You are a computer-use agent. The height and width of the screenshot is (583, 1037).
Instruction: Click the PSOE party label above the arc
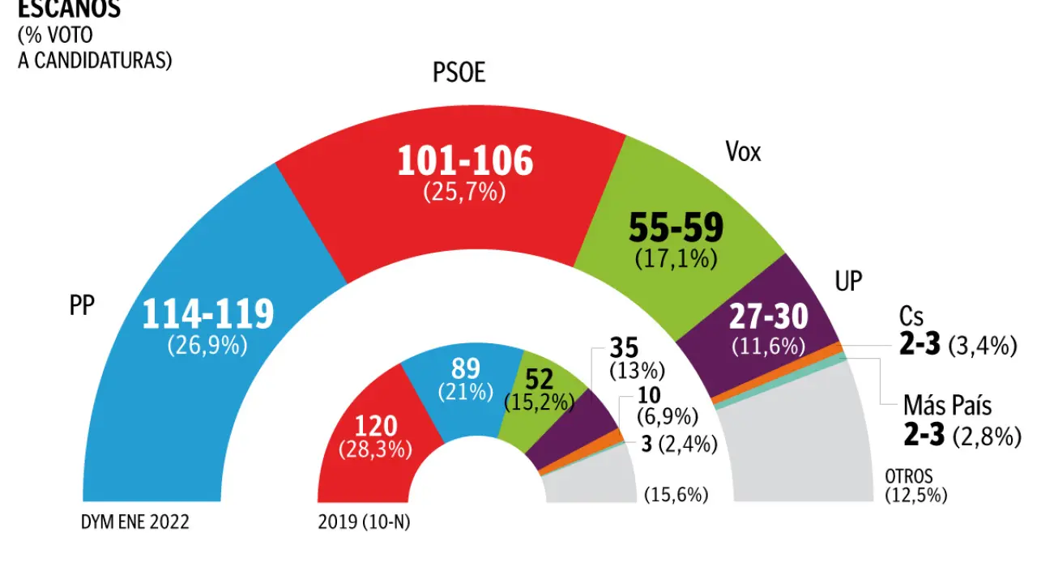459,74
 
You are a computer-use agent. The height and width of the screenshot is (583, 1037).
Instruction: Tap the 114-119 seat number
207,314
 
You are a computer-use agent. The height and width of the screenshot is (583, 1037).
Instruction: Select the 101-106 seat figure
465,161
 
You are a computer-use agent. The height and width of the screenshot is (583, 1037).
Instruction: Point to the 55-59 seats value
676,229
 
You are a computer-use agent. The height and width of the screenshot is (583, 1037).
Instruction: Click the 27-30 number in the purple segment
768,317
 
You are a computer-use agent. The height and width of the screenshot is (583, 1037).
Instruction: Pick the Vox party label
743,151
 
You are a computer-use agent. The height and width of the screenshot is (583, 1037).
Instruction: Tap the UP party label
848,281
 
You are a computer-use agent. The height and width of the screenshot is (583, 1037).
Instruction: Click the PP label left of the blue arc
81,305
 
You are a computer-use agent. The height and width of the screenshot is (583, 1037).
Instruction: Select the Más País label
947,405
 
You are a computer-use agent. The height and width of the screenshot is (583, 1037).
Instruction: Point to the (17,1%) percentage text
676,260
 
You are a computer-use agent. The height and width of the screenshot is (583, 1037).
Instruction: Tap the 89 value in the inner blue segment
465,369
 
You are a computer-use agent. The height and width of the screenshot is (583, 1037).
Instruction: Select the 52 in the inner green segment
539,378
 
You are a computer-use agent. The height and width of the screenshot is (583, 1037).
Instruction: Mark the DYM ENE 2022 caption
134,522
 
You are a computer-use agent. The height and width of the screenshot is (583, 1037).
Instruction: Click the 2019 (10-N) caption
365,522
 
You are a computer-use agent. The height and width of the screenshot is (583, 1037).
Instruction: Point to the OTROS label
908,476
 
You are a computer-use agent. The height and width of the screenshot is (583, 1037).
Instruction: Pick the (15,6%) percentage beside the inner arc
676,495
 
